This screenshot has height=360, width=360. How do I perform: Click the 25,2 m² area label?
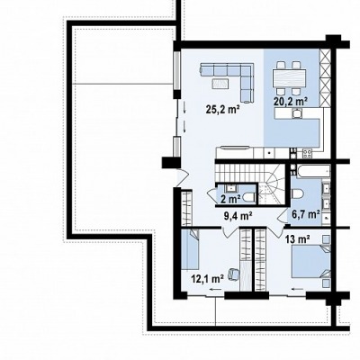(x=222, y=110)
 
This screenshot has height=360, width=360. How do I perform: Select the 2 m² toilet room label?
(x=230, y=199)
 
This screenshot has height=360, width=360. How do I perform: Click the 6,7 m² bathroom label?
(x=305, y=214)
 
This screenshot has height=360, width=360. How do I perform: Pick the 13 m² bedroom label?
(x=298, y=239)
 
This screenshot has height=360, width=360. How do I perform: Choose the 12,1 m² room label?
(x=208, y=279)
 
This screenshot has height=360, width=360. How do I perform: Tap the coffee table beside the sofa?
(x=220, y=83)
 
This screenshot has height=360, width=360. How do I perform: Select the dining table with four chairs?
(x=289, y=78)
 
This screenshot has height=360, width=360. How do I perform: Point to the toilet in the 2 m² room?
(x=248, y=197)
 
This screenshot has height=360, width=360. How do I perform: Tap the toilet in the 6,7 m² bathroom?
(x=297, y=193)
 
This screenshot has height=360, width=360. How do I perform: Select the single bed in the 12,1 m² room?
(x=191, y=249)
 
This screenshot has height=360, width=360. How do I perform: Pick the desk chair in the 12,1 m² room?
(x=233, y=274)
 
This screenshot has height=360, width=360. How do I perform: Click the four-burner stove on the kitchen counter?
(x=307, y=154)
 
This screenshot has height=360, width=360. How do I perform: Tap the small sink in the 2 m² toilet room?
(x=230, y=188)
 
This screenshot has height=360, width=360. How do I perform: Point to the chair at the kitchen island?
(x=297, y=113)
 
